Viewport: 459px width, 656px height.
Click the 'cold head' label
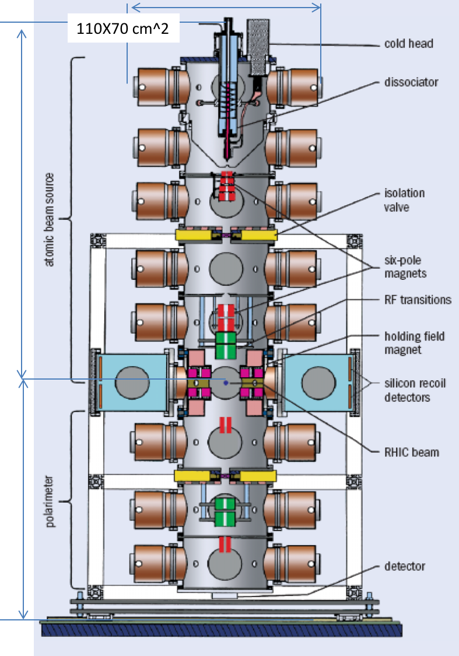tap(408, 44)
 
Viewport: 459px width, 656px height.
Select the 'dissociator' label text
tap(411, 82)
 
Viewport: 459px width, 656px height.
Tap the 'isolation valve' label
tap(404, 199)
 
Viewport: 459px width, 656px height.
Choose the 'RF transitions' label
tap(418, 300)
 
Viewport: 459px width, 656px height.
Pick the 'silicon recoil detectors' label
tap(415, 391)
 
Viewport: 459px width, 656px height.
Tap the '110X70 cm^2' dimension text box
tap(123, 28)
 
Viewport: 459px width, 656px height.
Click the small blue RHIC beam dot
tap(226, 383)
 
